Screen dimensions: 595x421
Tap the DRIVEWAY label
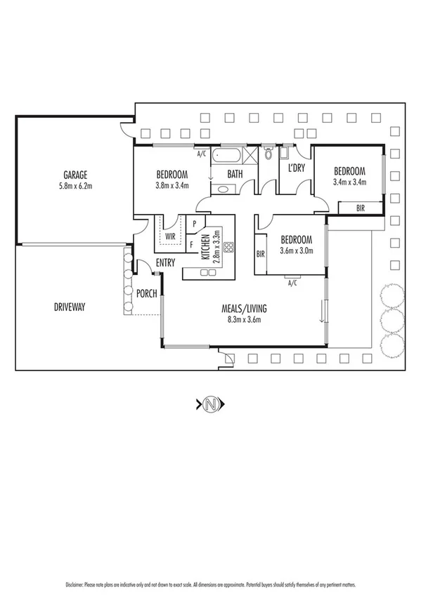[70, 307]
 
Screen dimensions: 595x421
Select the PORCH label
[146, 293]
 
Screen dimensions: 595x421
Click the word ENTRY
[166, 262]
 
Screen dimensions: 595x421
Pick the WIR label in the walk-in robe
[170, 236]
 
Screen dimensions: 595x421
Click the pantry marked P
[193, 224]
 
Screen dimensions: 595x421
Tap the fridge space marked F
[193, 245]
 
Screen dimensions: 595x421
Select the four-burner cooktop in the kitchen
[228, 248]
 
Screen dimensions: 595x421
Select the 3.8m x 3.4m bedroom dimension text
[171, 186]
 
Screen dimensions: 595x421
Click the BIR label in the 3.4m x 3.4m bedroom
[361, 207]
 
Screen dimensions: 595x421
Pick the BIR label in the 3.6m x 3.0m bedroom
[260, 254]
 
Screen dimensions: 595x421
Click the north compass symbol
[210, 403]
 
